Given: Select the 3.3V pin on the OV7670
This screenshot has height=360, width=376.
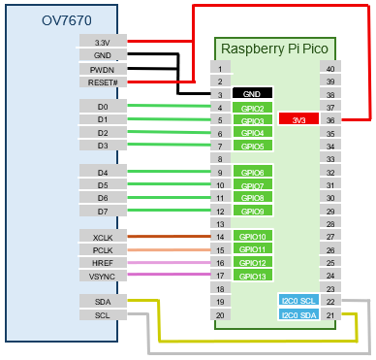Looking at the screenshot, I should pos(103,42).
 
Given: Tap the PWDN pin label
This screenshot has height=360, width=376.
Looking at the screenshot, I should pos(103,69).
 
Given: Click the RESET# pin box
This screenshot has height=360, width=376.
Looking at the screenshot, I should pos(103,82).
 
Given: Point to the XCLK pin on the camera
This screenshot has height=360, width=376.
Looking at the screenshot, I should pos(103,237).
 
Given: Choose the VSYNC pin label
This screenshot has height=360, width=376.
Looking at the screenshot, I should pos(103,277).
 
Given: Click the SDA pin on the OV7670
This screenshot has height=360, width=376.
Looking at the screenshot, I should pos(103,302).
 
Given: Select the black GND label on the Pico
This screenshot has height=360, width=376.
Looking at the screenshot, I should pos(252,93).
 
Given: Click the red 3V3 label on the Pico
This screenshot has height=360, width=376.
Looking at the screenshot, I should pos(298,119).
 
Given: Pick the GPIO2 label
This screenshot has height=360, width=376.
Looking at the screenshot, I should pos(252,107).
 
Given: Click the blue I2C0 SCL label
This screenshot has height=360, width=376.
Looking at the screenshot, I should pos(298,302).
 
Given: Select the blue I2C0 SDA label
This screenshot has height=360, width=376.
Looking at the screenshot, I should pos(298,315).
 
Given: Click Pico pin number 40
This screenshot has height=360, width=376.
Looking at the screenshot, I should pos(330,68).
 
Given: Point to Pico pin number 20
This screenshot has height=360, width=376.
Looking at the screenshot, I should pos(220,315).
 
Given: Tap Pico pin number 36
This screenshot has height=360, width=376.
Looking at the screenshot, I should pos(330,120).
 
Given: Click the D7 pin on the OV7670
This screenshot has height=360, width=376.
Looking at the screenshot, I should pos(103,211).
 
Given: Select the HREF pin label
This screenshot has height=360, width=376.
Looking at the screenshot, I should pos(103,263).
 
